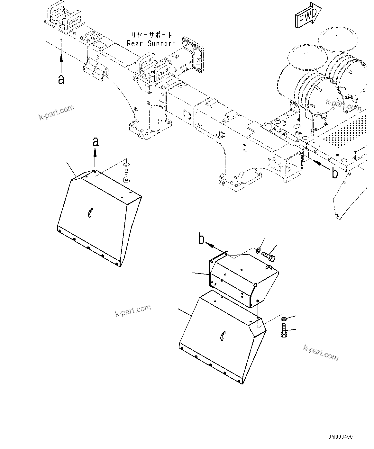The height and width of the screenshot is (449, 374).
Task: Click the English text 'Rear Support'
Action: pyautogui.click(x=151, y=43)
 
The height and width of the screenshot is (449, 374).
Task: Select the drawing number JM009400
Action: pyautogui.click(x=341, y=437)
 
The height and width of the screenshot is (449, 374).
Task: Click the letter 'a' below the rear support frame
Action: pyautogui.click(x=61, y=79)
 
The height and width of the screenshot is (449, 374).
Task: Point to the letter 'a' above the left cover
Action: pyautogui.click(x=95, y=142)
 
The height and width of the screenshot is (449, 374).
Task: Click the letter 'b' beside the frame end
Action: pyautogui.click(x=335, y=174)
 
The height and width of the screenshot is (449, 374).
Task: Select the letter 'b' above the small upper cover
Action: pyautogui.click(x=201, y=239)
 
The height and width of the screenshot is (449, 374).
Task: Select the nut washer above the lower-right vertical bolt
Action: pyautogui.click(x=283, y=319)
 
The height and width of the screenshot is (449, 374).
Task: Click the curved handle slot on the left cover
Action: pyautogui.click(x=90, y=213)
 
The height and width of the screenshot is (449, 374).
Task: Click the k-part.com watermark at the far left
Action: pyautogui.click(x=56, y=112)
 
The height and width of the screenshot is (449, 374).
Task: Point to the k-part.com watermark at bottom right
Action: pyautogui.click(x=321, y=352)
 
